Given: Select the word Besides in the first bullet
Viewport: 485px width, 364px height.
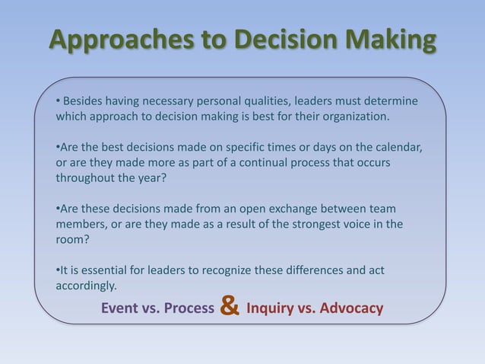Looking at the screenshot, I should (x=86, y=101).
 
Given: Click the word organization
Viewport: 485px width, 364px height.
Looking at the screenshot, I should (x=353, y=117).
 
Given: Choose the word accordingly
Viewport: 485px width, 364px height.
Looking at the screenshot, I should (x=86, y=286).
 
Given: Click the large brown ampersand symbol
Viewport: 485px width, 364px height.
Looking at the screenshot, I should (x=230, y=307).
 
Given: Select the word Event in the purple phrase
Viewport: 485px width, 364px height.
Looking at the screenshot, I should (x=121, y=308).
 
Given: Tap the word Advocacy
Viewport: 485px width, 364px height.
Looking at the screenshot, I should (x=353, y=308).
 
